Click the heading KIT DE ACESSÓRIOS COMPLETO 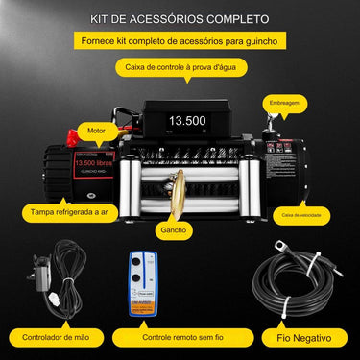click(x=180, y=18)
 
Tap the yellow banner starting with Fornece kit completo click(x=180, y=42)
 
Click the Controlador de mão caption click(x=55, y=339)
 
